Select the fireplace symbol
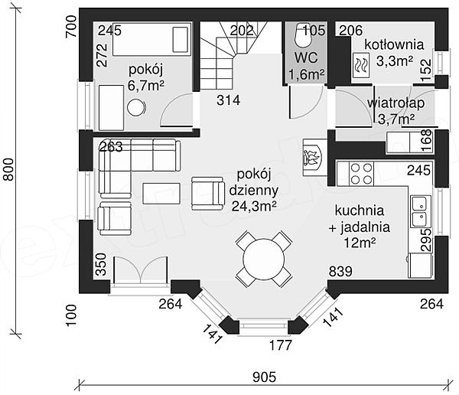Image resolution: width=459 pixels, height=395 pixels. point(311,157)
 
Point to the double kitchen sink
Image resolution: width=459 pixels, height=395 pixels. point(419,212)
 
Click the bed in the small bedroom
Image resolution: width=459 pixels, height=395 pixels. point(151,40)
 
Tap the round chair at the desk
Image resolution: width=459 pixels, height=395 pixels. point(136,107)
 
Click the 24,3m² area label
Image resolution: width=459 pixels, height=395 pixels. point(252,205)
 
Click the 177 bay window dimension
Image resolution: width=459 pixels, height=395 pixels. point(282,345)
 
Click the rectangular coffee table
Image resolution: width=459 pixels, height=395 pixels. point(161,193)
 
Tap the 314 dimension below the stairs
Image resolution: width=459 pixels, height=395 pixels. point(228,100)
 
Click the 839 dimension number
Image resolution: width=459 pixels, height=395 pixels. point(341,271)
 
